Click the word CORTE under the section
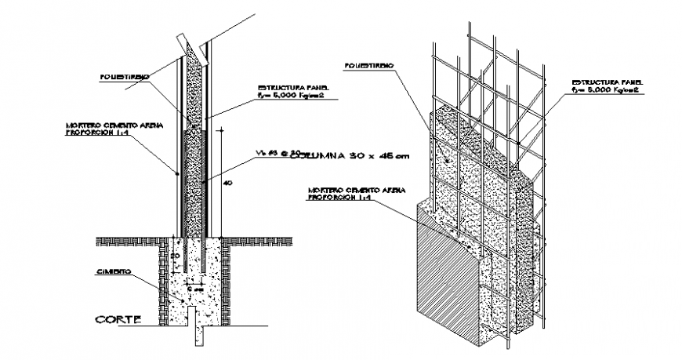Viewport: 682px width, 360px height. pyautogui.click(x=118, y=319)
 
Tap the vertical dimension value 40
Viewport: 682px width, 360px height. pyautogui.click(x=227, y=183)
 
